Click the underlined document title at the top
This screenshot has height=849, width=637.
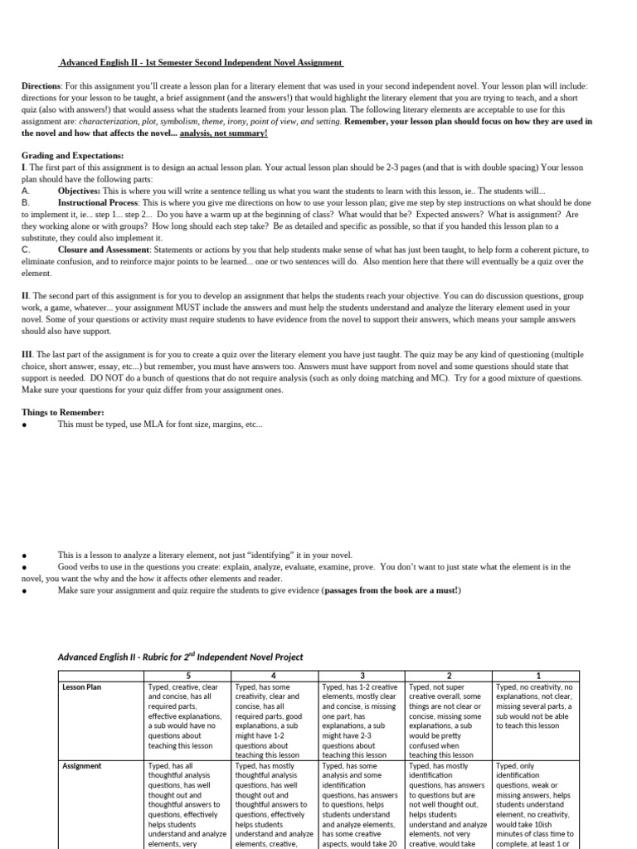tap(201, 63)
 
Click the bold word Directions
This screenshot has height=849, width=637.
tap(41, 86)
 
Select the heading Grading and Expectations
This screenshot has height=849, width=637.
tap(72, 156)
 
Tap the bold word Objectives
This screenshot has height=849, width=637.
tap(79, 191)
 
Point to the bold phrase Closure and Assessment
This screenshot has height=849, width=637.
tap(104, 249)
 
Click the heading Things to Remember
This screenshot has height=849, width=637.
tap(62, 412)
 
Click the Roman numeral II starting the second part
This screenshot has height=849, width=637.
tap(25, 295)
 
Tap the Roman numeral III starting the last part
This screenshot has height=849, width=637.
tap(27, 354)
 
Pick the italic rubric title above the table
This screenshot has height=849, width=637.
tap(180, 657)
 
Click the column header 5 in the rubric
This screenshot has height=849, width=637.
tap(187, 676)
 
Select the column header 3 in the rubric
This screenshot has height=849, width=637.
tap(362, 676)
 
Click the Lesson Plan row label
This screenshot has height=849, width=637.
tap(81, 687)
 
